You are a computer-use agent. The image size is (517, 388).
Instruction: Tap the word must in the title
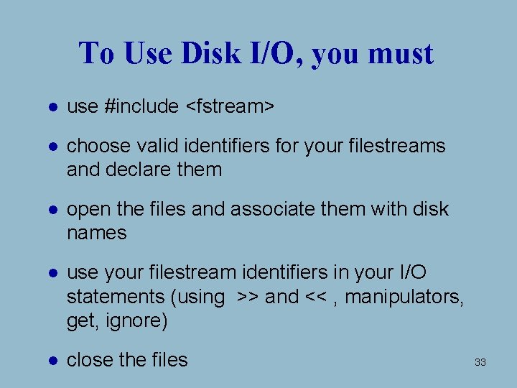click(401, 53)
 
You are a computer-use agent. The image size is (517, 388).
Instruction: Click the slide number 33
click(480, 363)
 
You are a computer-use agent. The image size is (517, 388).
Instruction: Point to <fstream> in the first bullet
click(230, 106)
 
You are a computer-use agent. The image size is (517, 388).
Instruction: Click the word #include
click(141, 106)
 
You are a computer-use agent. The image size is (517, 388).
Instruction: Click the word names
click(96, 233)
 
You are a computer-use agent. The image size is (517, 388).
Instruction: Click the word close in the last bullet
click(90, 360)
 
